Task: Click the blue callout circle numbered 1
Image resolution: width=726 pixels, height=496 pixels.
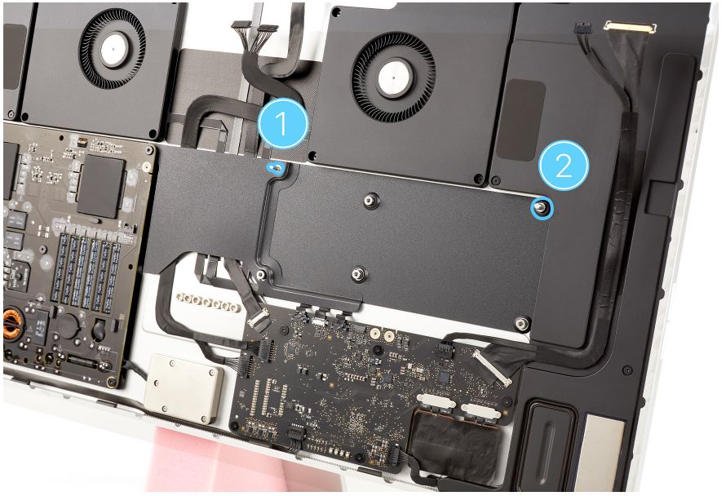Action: (x=282, y=123)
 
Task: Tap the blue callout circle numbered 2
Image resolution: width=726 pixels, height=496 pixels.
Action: (x=564, y=166)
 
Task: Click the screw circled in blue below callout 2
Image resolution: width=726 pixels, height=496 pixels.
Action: (x=542, y=208)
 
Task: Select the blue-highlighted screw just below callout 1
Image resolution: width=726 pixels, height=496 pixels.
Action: (x=277, y=168)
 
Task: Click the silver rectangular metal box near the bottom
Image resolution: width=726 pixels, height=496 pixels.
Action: (x=184, y=388)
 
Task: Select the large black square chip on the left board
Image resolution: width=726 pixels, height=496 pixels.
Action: (x=100, y=187)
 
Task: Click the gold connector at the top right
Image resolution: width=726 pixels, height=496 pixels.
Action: (x=631, y=27)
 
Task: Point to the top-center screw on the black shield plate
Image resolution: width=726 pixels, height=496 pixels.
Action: (x=369, y=201)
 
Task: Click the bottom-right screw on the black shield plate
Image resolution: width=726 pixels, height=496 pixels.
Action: (x=522, y=324)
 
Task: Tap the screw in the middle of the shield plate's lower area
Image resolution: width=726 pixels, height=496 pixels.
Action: (x=356, y=274)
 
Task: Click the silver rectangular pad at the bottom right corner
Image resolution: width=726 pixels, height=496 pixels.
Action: (x=604, y=453)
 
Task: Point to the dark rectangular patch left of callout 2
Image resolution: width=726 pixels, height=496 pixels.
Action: (x=526, y=120)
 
